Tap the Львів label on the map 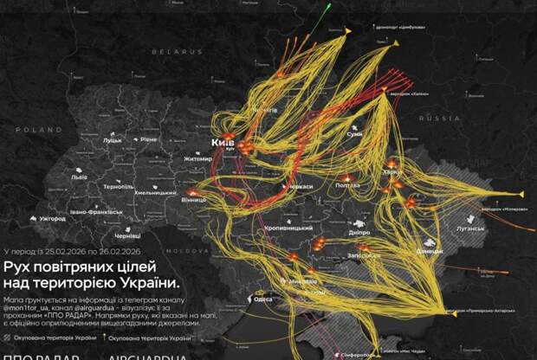pyautogui.click(x=79, y=177)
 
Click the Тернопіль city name pyautogui.click(x=119, y=187)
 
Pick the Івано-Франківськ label pyautogui.click(x=101, y=211)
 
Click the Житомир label pyautogui.click(x=198, y=159)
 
